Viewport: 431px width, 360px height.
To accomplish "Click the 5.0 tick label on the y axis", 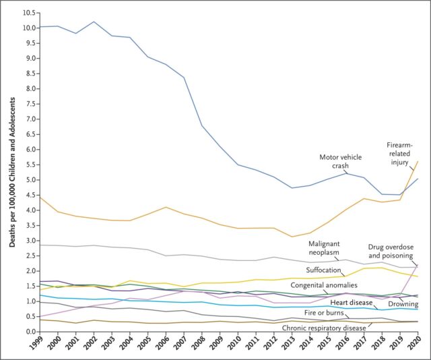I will point(29,180).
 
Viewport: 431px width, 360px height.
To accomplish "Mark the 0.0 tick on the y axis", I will point(29,332).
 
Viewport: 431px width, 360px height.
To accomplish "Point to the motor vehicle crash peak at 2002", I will point(94,22).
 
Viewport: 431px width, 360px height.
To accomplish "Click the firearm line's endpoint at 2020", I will point(418,161).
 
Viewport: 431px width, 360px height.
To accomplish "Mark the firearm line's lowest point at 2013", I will point(291,237).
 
